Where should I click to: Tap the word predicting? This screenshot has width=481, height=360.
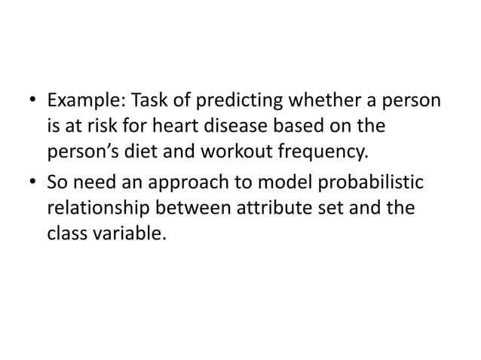[209, 101]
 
